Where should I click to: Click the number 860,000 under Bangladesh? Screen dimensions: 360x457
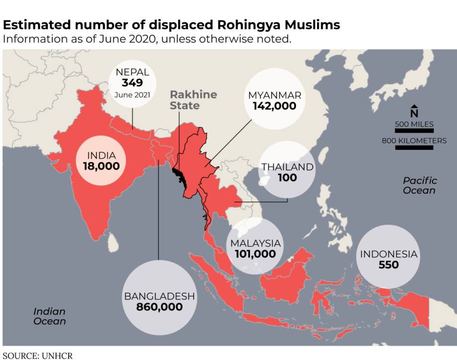click(159, 307)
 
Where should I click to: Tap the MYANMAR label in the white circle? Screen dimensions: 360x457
click(274, 95)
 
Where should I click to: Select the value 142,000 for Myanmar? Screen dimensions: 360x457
click(274, 106)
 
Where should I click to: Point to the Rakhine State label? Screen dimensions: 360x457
click(186, 100)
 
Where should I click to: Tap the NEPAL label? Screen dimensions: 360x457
click(132, 72)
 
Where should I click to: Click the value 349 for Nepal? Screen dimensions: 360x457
click(132, 82)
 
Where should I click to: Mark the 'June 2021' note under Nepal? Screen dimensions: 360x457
click(132, 95)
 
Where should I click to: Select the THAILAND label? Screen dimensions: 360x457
click(288, 167)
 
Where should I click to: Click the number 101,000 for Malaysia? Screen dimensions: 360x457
click(256, 254)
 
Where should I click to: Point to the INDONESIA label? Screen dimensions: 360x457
click(388, 254)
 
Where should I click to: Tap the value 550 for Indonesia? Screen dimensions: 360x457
click(388, 265)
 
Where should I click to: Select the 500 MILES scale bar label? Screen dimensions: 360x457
click(414, 124)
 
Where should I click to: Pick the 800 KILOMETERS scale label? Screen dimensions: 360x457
click(414, 141)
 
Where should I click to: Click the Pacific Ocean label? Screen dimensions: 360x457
click(420, 185)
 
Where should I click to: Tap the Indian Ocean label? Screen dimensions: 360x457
click(50, 316)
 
